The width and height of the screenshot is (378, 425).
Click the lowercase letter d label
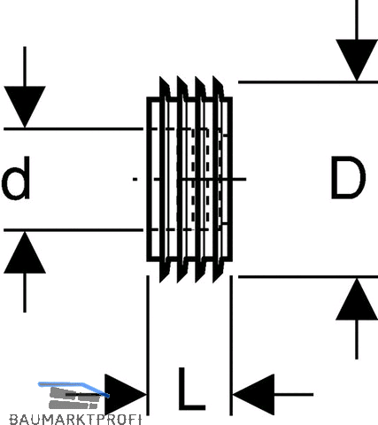pyautogui.click(x=16, y=178)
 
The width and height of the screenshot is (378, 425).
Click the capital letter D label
pyautogui.click(x=349, y=178)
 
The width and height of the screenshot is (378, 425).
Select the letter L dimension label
pyautogui.click(x=191, y=389)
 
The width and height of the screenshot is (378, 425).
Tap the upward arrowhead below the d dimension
pyautogui.click(x=25, y=252)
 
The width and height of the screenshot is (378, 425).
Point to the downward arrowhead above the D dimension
pyautogui.click(x=357, y=60)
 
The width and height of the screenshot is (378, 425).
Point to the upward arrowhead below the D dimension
pyautogui.click(x=357, y=299)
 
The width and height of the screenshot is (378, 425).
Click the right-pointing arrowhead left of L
pyautogui.click(x=126, y=395)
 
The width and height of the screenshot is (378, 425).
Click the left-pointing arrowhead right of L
pyautogui.click(x=253, y=395)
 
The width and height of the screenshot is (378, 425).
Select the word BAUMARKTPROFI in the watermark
pyautogui.click(x=75, y=420)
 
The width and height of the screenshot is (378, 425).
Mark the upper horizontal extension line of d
pyautogui.click(x=73, y=129)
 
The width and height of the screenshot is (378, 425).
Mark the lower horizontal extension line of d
pyautogui.click(x=73, y=229)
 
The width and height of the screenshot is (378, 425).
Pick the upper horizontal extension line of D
pyautogui.click(x=308, y=81)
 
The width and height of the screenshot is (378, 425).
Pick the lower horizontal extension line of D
pyautogui.click(x=308, y=277)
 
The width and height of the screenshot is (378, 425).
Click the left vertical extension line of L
pyautogui.click(x=148, y=345)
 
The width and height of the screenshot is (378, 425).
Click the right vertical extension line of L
pyautogui.click(x=231, y=345)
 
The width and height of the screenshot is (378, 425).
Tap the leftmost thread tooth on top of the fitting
pyautogui.click(x=164, y=87)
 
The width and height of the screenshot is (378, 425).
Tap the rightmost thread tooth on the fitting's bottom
pyautogui.click(x=218, y=272)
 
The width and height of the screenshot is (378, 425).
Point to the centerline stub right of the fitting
pyautogui.click(x=239, y=179)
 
